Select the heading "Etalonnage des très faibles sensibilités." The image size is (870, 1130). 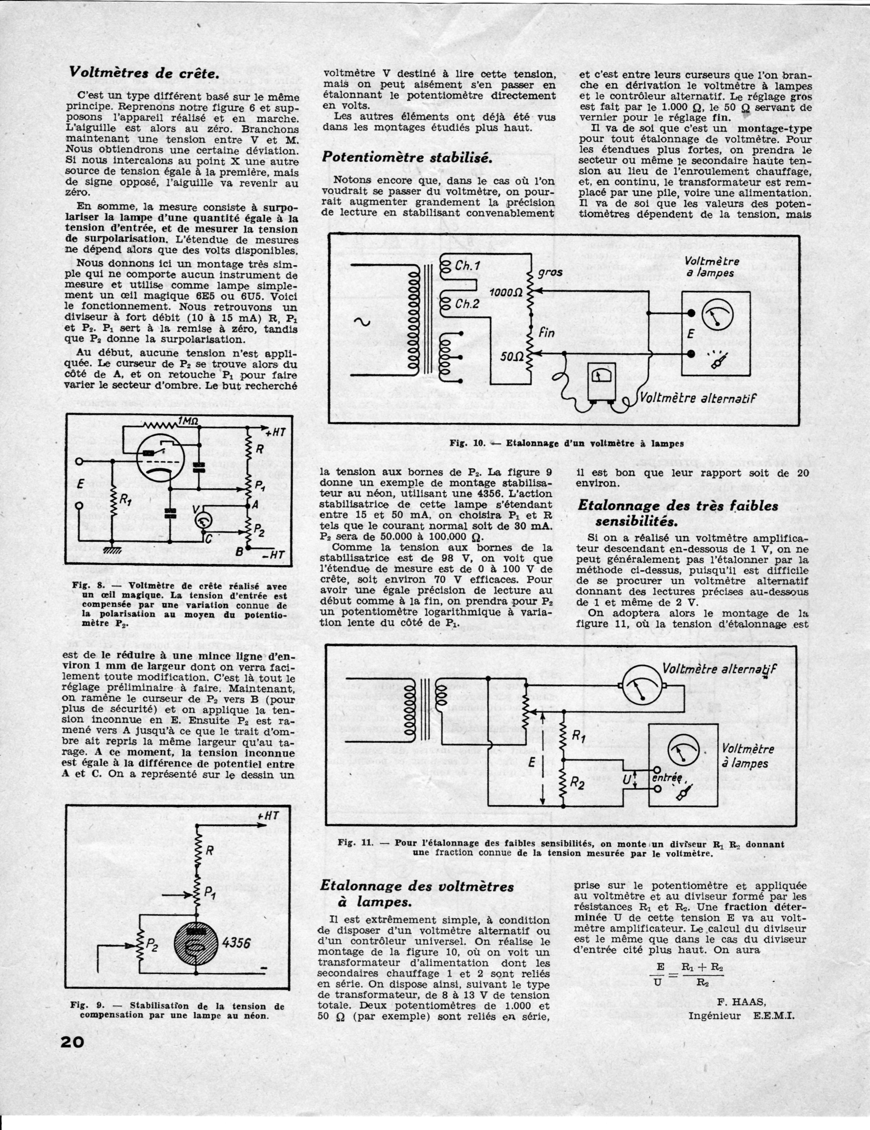tap(677, 513)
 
